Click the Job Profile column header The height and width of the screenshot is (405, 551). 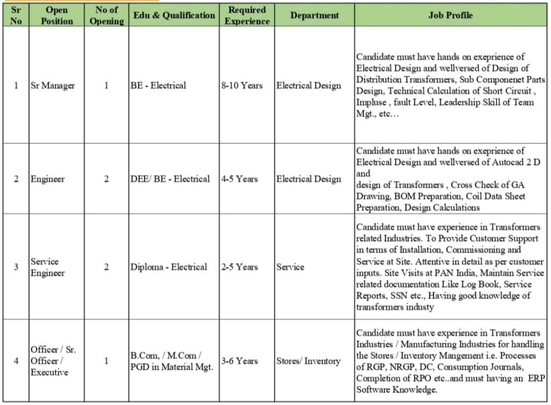click(x=450, y=15)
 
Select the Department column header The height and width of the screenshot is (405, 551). click(x=314, y=15)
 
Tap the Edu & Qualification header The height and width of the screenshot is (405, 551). click(x=174, y=15)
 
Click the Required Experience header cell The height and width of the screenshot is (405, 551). click(x=247, y=15)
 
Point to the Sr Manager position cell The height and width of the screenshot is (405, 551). click(x=52, y=85)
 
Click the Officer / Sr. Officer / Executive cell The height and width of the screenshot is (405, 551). click(x=53, y=361)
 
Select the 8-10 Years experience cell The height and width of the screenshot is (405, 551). click(x=242, y=85)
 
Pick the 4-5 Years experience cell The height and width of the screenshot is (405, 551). click(x=240, y=179)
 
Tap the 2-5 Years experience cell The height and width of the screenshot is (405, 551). click(x=240, y=267)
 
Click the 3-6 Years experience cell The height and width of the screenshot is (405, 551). click(x=240, y=361)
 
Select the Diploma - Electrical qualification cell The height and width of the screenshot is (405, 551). click(x=169, y=267)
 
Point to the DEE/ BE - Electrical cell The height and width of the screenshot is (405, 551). click(x=170, y=179)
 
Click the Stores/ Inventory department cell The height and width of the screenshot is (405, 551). click(x=308, y=361)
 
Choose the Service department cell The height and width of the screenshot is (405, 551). click(x=291, y=267)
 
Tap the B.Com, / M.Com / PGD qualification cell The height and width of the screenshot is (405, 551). click(x=171, y=361)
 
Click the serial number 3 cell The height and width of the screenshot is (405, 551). click(x=16, y=267)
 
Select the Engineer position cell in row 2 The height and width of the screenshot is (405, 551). click(x=47, y=179)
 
